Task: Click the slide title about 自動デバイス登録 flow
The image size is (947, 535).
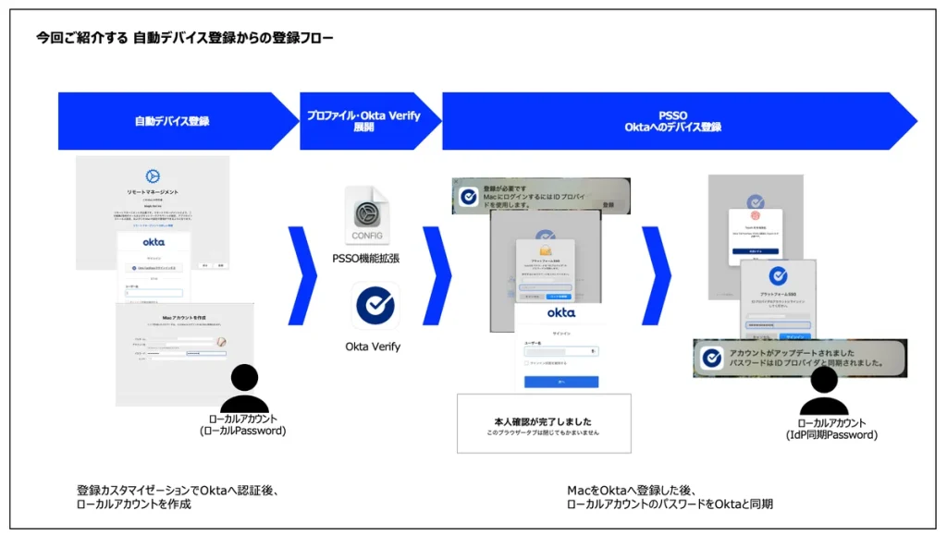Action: click(x=185, y=38)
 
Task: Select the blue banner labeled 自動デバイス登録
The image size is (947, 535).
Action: click(x=171, y=121)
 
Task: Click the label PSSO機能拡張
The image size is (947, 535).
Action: click(x=366, y=258)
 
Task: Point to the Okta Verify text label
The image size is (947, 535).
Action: click(x=373, y=347)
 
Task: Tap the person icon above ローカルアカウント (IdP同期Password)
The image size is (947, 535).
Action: click(x=823, y=392)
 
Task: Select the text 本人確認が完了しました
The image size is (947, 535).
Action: click(x=544, y=419)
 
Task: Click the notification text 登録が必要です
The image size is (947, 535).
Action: click(x=504, y=188)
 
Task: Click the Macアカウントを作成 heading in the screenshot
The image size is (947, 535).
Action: click(x=185, y=318)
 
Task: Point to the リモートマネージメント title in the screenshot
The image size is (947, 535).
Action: click(x=153, y=190)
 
